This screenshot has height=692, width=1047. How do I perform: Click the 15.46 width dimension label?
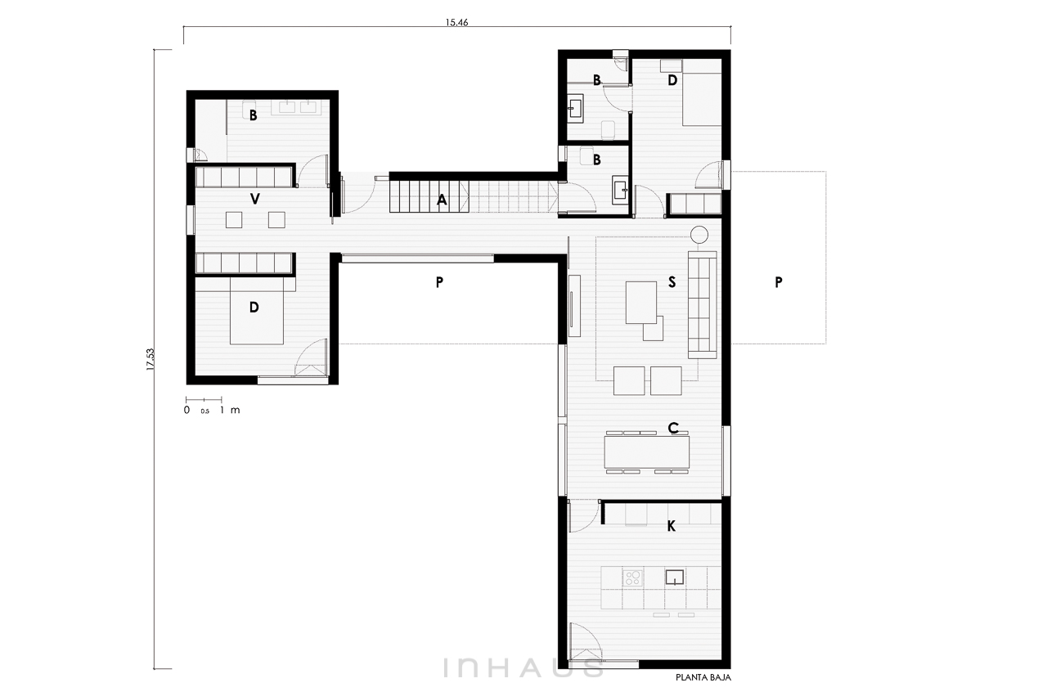tap(456, 22)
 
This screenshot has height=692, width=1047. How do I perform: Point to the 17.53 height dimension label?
tap(150, 360)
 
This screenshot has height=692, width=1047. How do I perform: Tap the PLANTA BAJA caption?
tap(703, 677)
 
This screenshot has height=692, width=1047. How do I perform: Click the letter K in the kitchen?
tap(672, 527)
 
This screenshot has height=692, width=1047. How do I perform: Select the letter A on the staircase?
tap(442, 200)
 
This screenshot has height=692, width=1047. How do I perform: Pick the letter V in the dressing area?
tap(254, 200)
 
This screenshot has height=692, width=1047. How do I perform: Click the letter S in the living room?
tap(672, 282)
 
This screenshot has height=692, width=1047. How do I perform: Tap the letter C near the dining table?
tap(673, 428)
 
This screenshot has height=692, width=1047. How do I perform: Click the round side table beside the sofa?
tap(699, 234)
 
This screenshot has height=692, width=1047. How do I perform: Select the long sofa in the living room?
tap(702, 305)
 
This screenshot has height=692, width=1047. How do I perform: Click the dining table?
tap(647, 452)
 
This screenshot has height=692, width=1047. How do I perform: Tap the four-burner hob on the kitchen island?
tap(632, 578)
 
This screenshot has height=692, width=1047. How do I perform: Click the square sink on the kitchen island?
tap(675, 577)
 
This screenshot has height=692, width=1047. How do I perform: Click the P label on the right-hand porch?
tap(778, 282)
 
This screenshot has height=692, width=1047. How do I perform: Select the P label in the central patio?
tap(439, 282)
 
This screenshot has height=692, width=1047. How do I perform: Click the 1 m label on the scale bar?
tap(230, 410)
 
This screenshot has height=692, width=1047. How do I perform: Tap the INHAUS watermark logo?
tap(523, 668)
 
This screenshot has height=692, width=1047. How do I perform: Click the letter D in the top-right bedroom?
tap(672, 80)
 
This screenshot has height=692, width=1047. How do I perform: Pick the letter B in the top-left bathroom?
tap(254, 115)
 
